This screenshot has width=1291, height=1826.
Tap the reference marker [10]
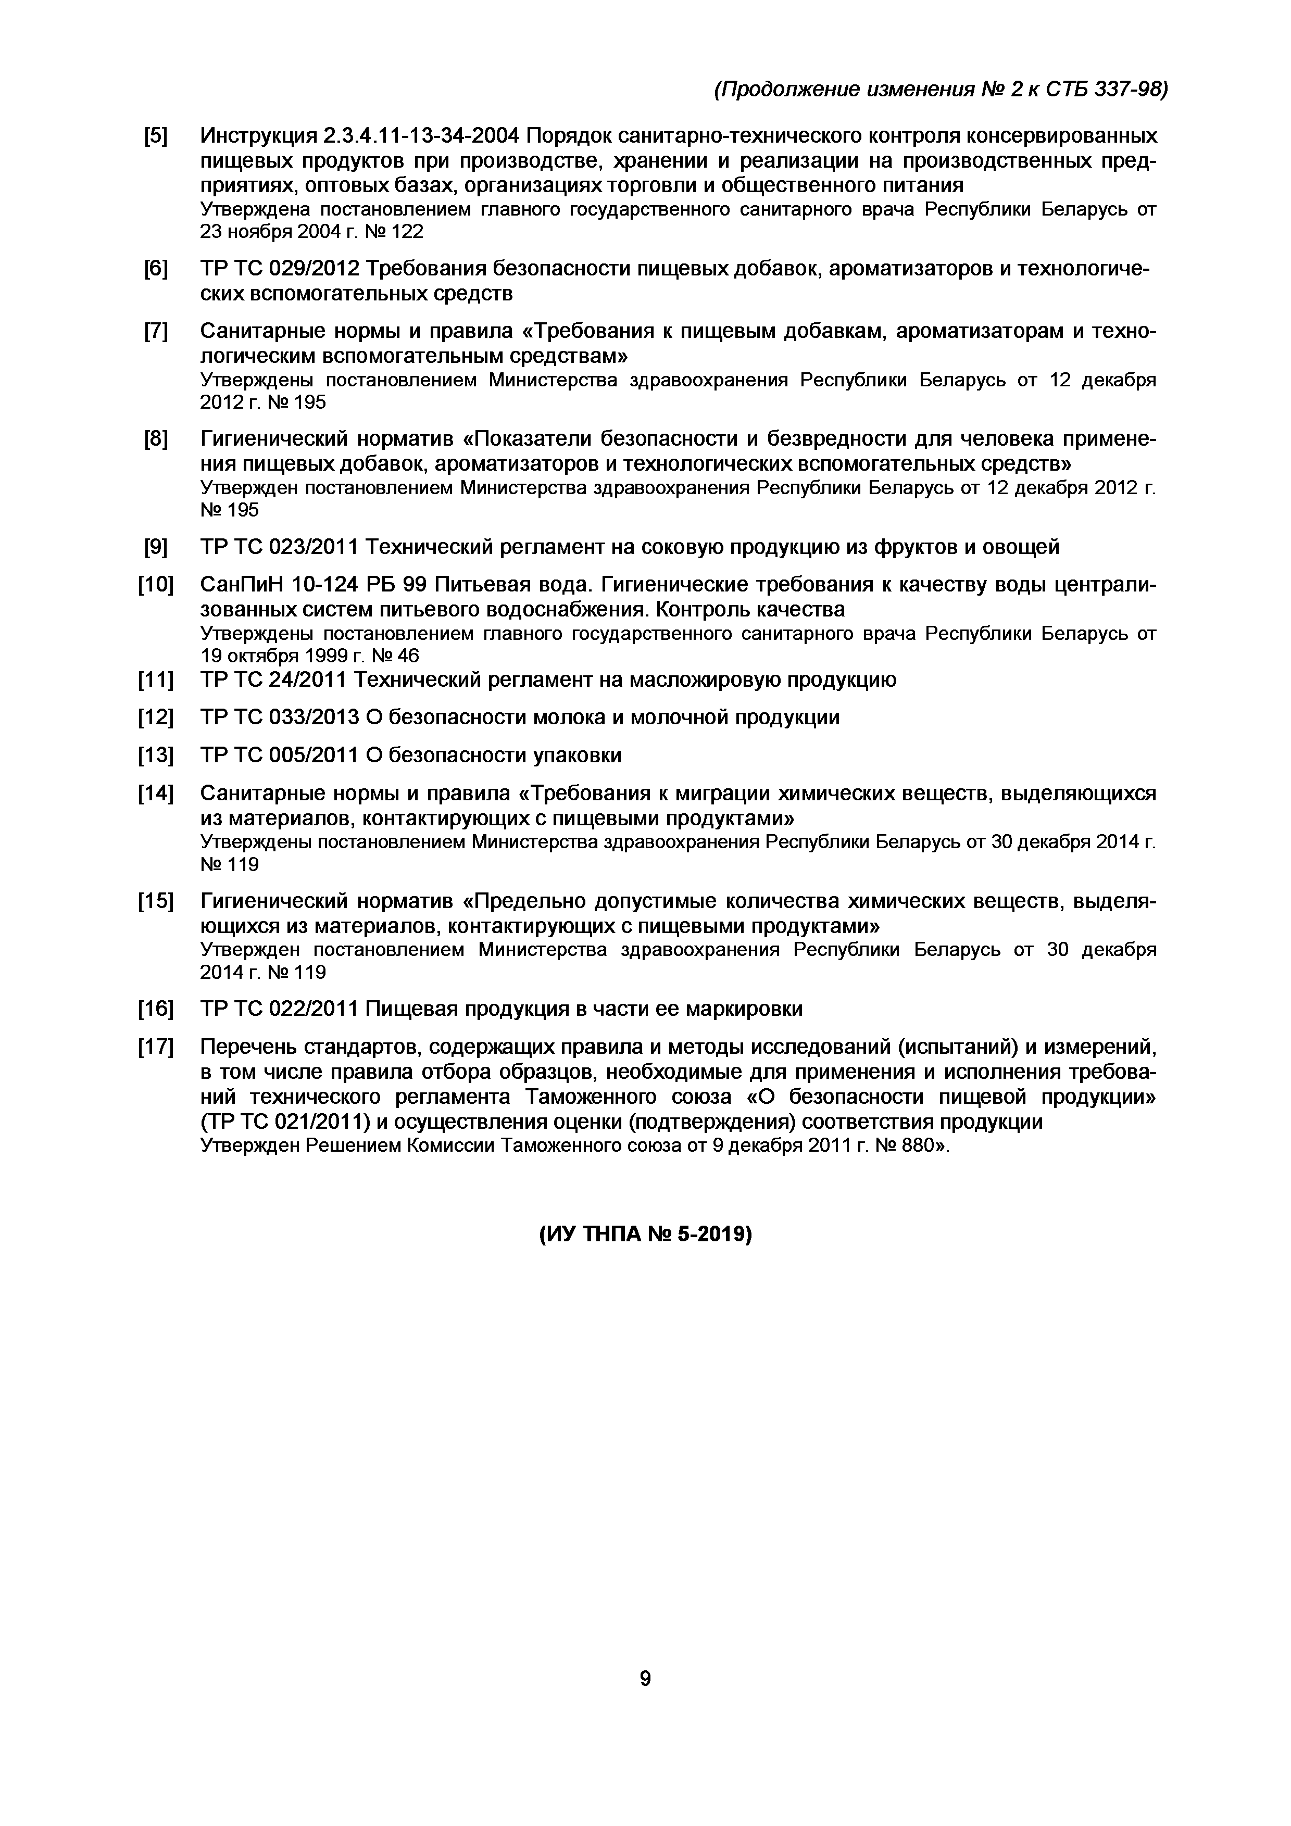coord(156,585)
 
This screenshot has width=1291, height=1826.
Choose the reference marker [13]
coord(156,755)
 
